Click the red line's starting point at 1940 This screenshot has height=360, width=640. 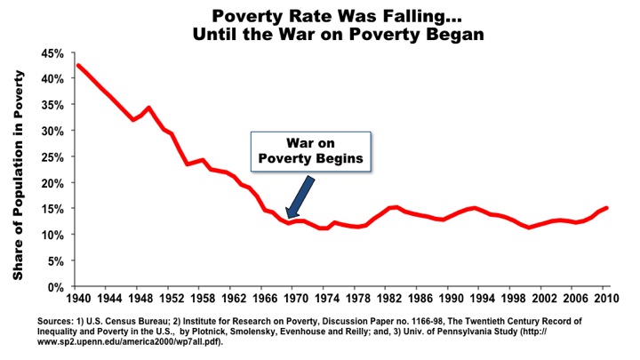(x=78, y=65)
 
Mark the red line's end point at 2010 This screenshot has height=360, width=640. (x=606, y=208)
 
